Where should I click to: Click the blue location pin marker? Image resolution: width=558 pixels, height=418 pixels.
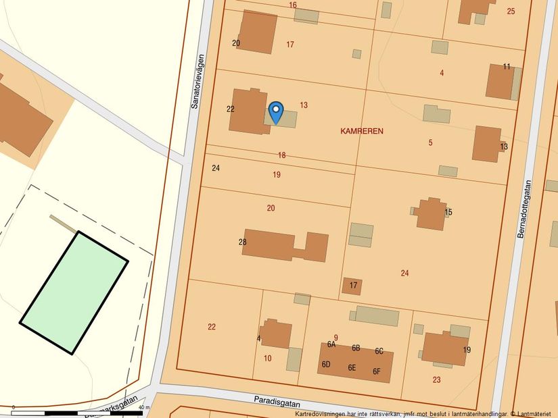point(275,111)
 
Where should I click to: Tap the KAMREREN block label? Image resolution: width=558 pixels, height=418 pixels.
point(362,131)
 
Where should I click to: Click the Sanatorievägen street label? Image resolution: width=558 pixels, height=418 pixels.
point(196,81)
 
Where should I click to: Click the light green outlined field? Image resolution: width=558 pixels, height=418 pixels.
point(74,292)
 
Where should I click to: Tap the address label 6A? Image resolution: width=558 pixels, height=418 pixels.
point(331,344)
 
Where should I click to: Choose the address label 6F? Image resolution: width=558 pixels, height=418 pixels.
point(377,371)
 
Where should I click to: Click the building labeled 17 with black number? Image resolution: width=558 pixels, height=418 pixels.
point(352,286)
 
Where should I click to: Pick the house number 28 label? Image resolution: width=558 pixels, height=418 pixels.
point(243,242)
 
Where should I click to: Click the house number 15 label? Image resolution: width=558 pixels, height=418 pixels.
point(448,212)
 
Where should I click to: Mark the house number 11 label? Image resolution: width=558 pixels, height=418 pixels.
point(507,66)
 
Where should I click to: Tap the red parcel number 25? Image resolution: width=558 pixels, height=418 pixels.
point(511,11)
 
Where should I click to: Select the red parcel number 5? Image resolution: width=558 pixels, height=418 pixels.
point(430,142)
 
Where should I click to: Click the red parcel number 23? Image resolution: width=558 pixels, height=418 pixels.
point(436,380)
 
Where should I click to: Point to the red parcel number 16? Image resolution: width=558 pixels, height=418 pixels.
point(293,5)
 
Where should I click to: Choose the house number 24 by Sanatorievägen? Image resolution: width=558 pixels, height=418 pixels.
point(216,167)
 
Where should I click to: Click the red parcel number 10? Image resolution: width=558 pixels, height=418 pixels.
point(267,358)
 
